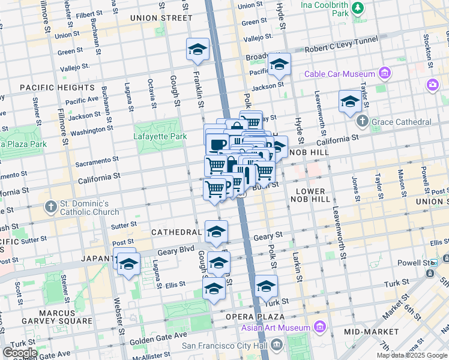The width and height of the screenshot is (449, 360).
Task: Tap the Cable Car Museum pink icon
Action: tap(385, 74)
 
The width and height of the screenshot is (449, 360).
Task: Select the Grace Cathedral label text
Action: tap(401, 122)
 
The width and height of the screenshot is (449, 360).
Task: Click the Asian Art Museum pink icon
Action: tap(320, 328)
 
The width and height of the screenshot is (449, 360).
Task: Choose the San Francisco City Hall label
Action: tap(226, 345)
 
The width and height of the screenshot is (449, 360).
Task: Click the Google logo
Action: tap(19, 352)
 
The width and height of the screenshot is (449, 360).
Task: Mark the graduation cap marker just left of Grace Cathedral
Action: tap(349, 102)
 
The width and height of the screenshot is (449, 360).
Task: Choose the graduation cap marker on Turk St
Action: tap(266, 287)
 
